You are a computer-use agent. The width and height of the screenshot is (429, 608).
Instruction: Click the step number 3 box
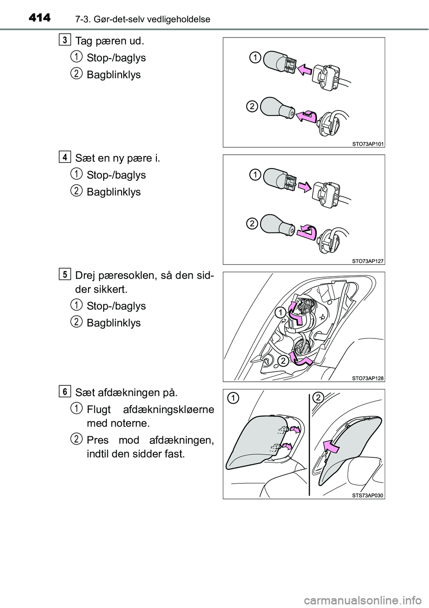pyautogui.click(x=65, y=40)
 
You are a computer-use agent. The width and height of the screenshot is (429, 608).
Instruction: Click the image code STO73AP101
pyautogui.click(x=367, y=143)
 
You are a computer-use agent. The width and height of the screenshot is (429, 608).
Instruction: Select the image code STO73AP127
pyautogui.click(x=367, y=261)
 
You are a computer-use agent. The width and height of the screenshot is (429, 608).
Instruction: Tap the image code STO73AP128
pyautogui.click(x=367, y=378)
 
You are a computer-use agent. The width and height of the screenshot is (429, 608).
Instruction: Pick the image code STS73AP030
pyautogui.click(x=367, y=495)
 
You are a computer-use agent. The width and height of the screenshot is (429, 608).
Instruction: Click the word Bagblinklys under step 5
pyautogui.click(x=114, y=323)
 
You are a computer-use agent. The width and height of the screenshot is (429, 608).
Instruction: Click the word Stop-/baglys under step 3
pyautogui.click(x=116, y=58)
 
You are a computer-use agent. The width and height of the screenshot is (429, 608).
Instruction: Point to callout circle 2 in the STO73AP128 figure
pyautogui.click(x=282, y=362)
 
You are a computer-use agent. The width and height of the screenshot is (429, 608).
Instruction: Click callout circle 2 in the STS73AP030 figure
pyautogui.click(x=319, y=397)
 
